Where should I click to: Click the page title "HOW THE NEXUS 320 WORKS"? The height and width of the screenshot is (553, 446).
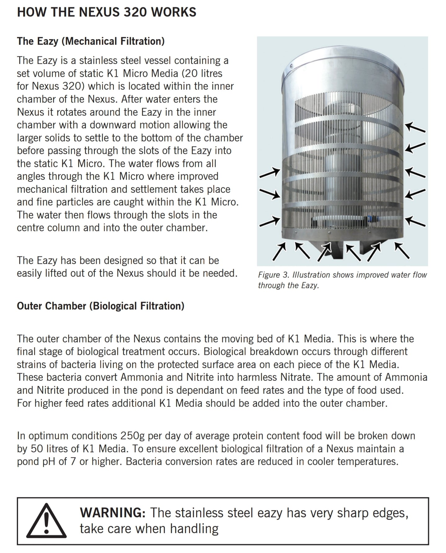[x=107, y=12]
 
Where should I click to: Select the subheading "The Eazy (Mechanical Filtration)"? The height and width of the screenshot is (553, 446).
[x=91, y=41]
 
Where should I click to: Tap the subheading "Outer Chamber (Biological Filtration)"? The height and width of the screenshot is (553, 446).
[x=100, y=306]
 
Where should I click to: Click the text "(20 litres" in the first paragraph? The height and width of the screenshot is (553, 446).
[x=202, y=73]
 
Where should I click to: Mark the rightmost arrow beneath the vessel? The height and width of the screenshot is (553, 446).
[x=402, y=250]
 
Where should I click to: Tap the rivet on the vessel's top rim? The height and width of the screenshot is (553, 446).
[x=291, y=66]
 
